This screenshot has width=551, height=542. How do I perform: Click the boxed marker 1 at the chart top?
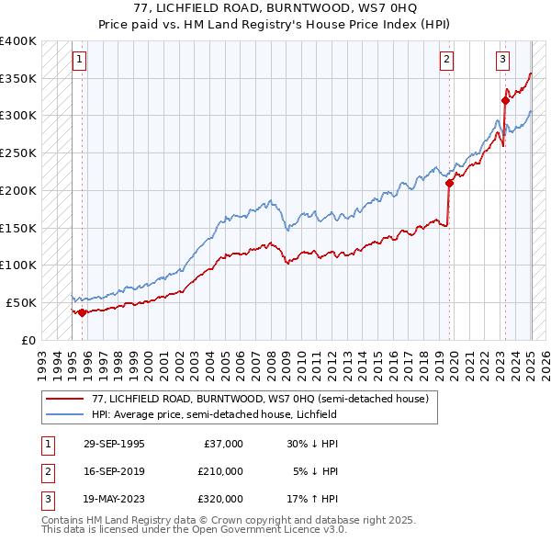point(80,61)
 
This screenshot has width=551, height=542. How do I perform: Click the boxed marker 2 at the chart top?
point(446,61)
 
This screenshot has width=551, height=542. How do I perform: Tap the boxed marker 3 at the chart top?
point(503,61)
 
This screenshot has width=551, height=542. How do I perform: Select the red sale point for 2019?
point(450,183)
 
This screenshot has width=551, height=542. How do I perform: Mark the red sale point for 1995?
point(82,312)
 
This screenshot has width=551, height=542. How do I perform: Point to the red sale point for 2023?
point(506,100)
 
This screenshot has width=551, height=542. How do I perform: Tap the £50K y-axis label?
point(21,302)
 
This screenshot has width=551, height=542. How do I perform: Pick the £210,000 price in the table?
point(220,471)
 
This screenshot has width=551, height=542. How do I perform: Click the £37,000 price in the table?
point(223,444)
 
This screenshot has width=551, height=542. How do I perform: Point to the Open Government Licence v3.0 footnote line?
point(194,529)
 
